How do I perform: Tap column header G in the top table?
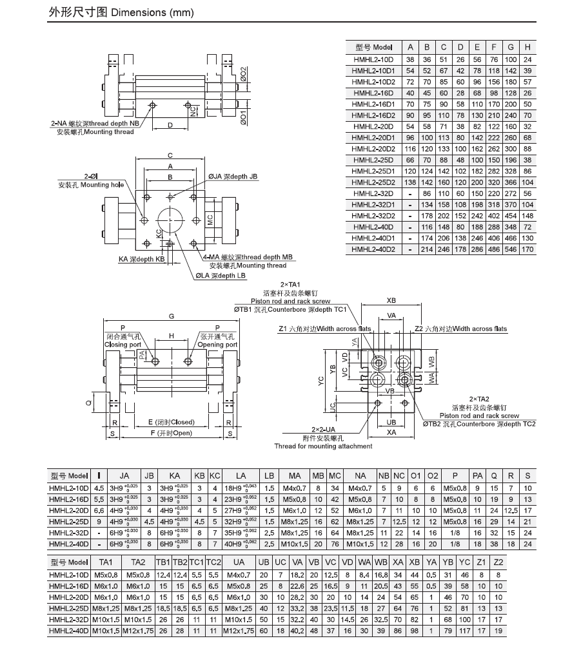coord(511,47)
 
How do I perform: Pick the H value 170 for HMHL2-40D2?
coord(527,249)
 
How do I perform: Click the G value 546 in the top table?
coord(511,249)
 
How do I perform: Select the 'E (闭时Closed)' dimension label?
coord(170,423)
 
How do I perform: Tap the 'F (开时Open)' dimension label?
coord(171,433)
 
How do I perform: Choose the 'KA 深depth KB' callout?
coord(142,259)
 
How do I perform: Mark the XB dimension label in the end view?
coord(391,301)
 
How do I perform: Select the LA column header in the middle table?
coord(240,476)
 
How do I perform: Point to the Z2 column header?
coord(498,562)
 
